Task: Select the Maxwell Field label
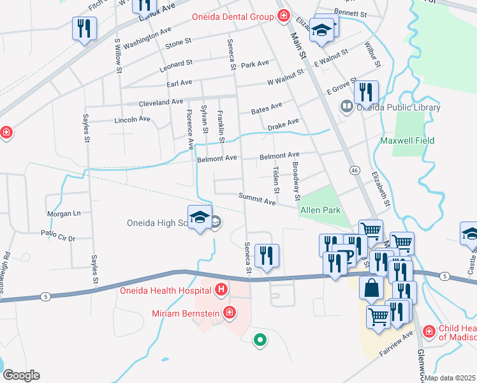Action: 407,140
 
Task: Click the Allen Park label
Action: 320,210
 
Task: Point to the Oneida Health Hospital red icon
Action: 221,291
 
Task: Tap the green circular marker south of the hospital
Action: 260,340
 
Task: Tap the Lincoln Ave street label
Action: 132,119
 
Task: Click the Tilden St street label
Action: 276,180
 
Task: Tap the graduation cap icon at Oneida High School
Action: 200,218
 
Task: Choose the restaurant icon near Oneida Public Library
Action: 366,92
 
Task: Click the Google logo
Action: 21,375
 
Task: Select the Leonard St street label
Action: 176,64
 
